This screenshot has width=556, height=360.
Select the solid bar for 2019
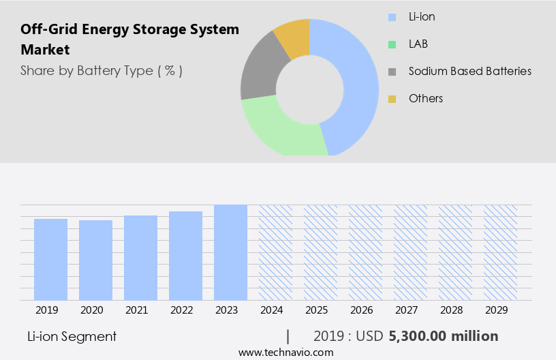pyautogui.click(x=50, y=259)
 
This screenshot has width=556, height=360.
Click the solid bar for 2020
pyautogui.click(x=95, y=260)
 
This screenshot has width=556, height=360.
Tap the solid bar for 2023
pyautogui.click(x=230, y=252)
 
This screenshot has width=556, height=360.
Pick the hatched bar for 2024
pyautogui.click(x=275, y=252)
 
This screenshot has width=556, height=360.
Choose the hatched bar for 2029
pyautogui.click(x=500, y=252)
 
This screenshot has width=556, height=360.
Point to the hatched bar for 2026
pyautogui.click(x=365, y=252)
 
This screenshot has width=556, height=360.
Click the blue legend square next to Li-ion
pyautogui.click(x=392, y=17)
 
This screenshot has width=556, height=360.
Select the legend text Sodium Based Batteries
pyautogui.click(x=469, y=71)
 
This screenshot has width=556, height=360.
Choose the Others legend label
pyautogui.click(x=425, y=99)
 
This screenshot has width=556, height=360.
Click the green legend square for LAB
pyautogui.click(x=392, y=44)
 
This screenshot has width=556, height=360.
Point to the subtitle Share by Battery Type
pyautogui.click(x=102, y=70)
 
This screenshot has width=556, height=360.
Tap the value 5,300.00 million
pyautogui.click(x=443, y=336)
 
